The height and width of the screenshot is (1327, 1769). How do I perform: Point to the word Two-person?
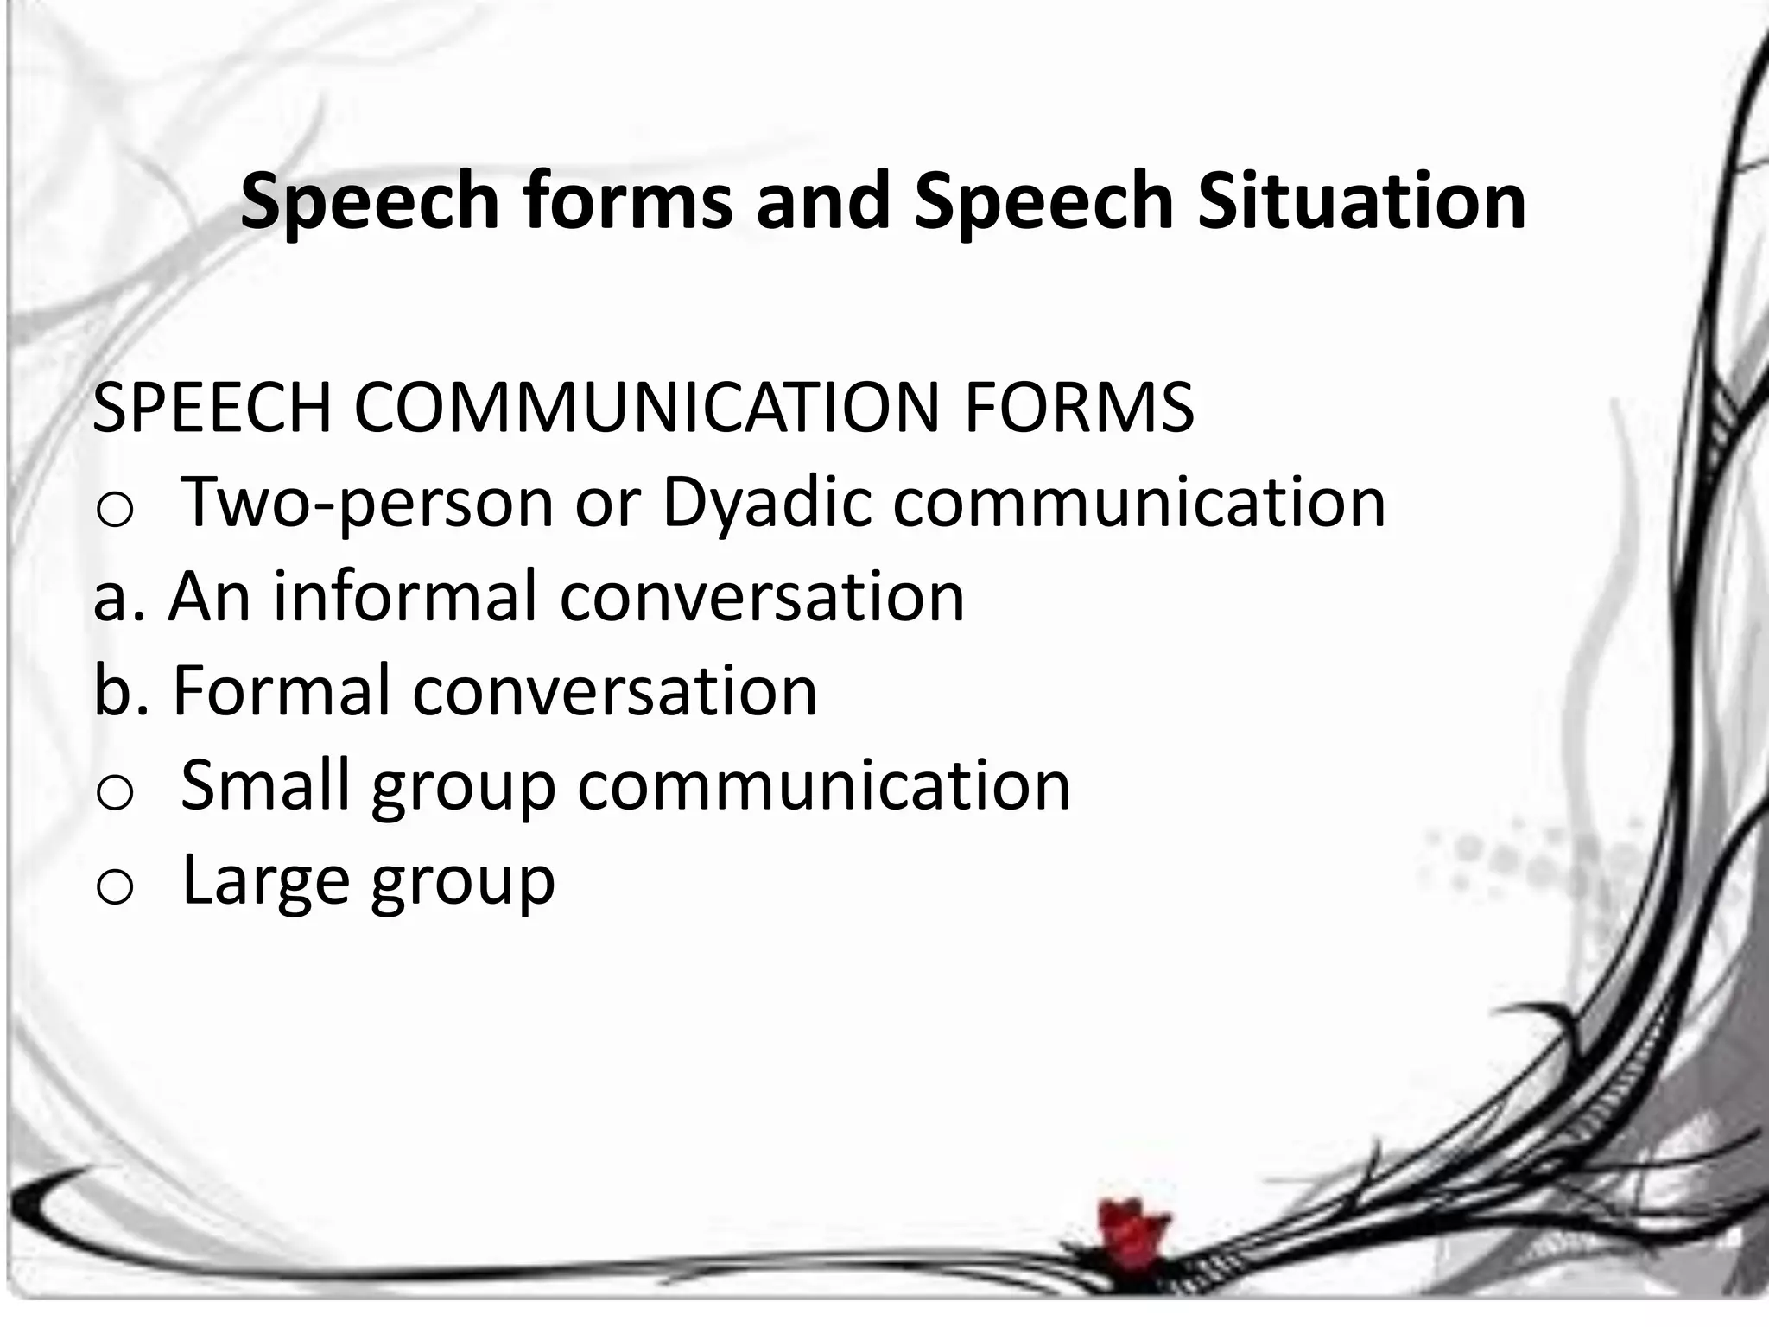tap(367, 503)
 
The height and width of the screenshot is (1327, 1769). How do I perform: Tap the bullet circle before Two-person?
tap(113, 511)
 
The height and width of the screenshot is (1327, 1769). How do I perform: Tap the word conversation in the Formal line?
tap(614, 691)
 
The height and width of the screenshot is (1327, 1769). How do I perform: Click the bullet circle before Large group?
tap(113, 887)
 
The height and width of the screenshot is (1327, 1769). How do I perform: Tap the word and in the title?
tap(822, 200)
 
